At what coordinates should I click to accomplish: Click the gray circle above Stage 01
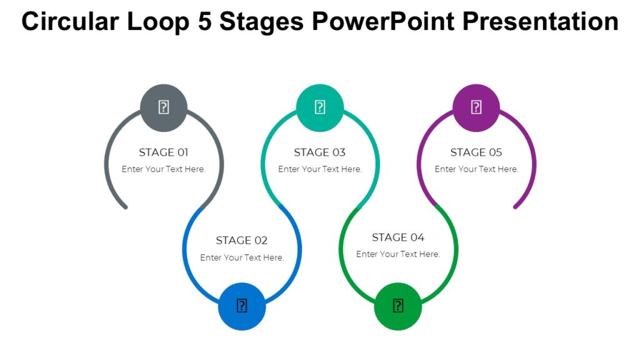164,107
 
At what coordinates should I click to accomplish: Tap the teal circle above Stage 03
320,107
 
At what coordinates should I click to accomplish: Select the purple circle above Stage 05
476,107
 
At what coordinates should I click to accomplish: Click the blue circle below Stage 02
242,306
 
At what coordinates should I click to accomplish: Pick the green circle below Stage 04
398,306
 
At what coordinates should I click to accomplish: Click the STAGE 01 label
164,152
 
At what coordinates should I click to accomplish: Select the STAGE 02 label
242,241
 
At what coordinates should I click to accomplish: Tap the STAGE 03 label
320,152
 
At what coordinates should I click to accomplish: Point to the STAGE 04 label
398,237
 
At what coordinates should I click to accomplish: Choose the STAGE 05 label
476,152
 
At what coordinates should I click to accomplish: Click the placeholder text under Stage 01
164,169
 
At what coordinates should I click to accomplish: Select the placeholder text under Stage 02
242,257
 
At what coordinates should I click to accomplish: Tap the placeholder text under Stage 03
320,169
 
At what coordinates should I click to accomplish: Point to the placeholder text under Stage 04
398,254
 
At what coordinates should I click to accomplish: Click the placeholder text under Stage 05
476,169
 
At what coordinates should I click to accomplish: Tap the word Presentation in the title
541,22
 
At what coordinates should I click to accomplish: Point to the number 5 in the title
204,22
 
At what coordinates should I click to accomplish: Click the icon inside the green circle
398,306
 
